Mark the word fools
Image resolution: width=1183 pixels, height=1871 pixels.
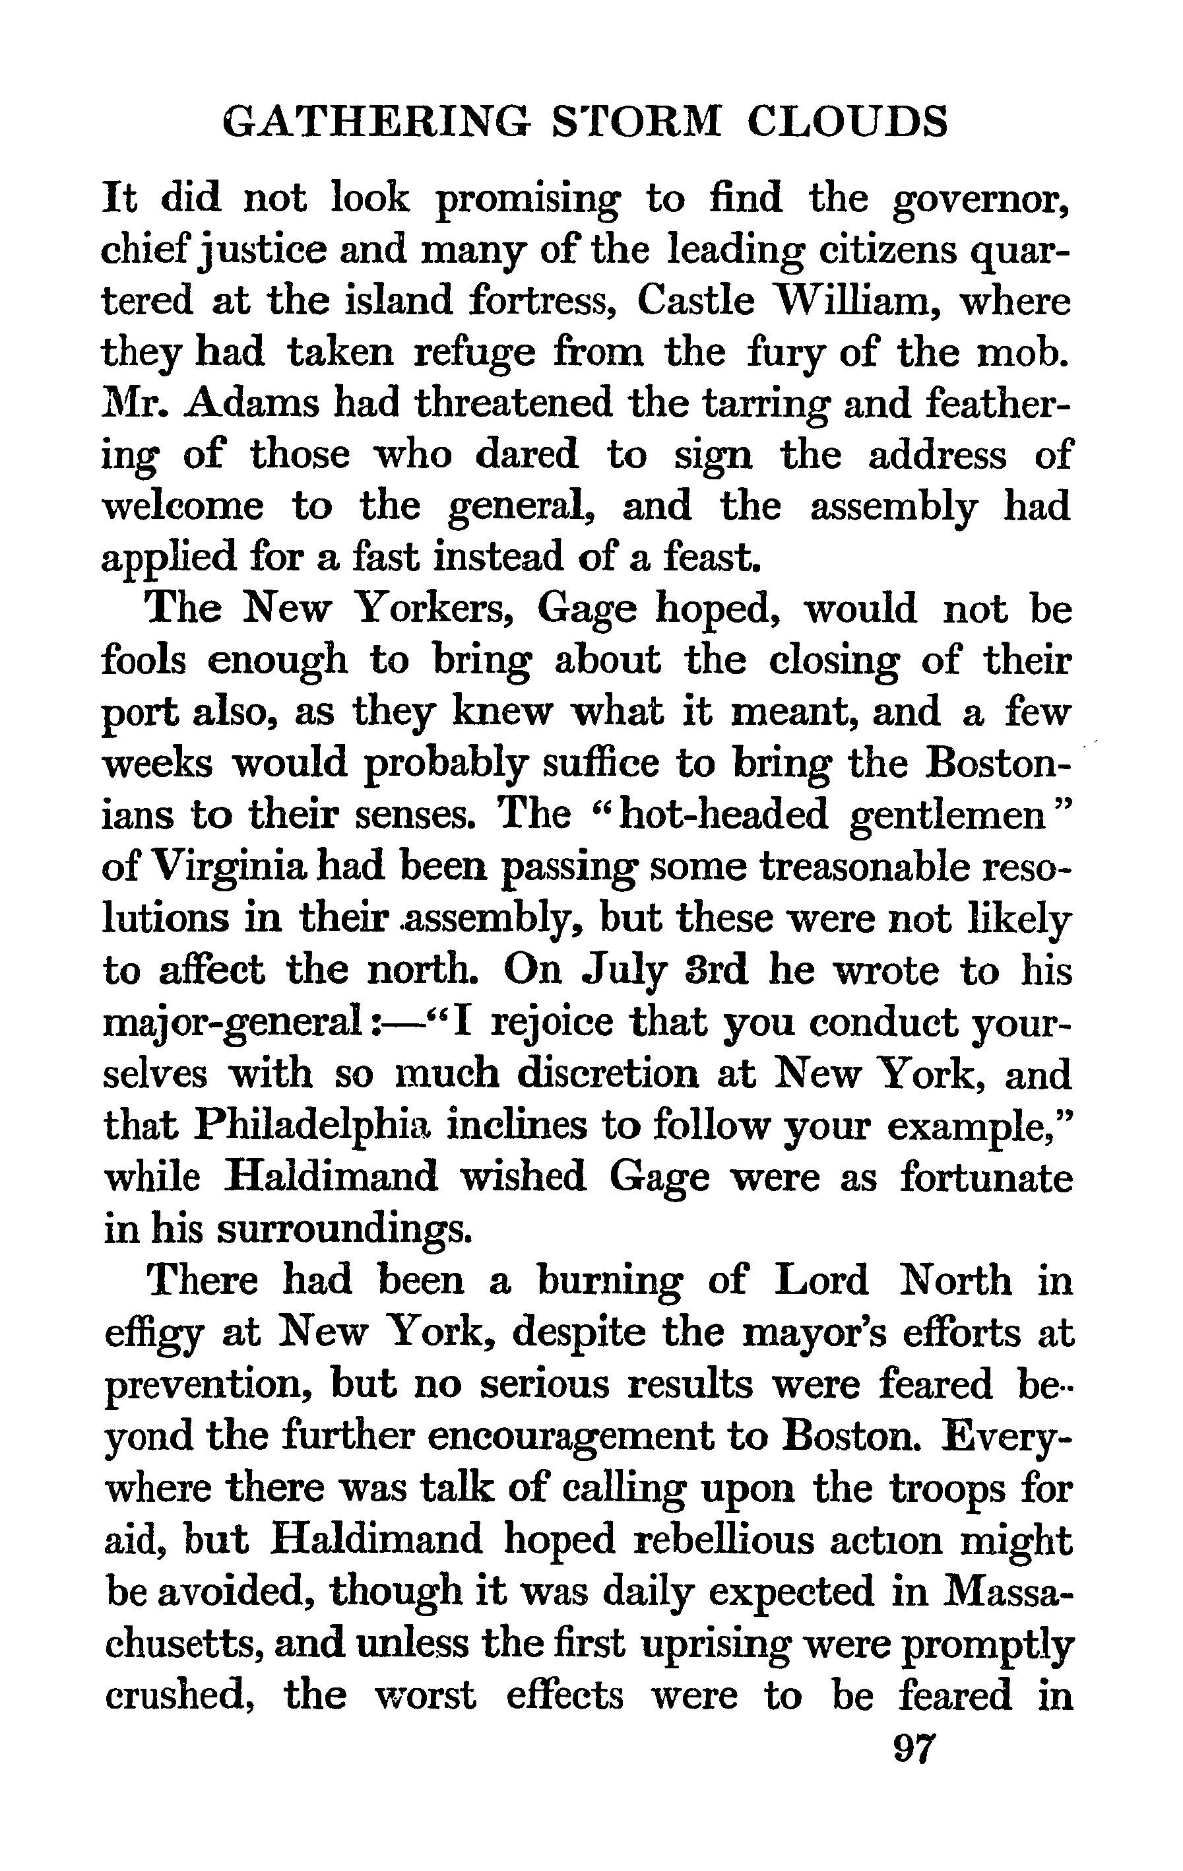click(144, 660)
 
